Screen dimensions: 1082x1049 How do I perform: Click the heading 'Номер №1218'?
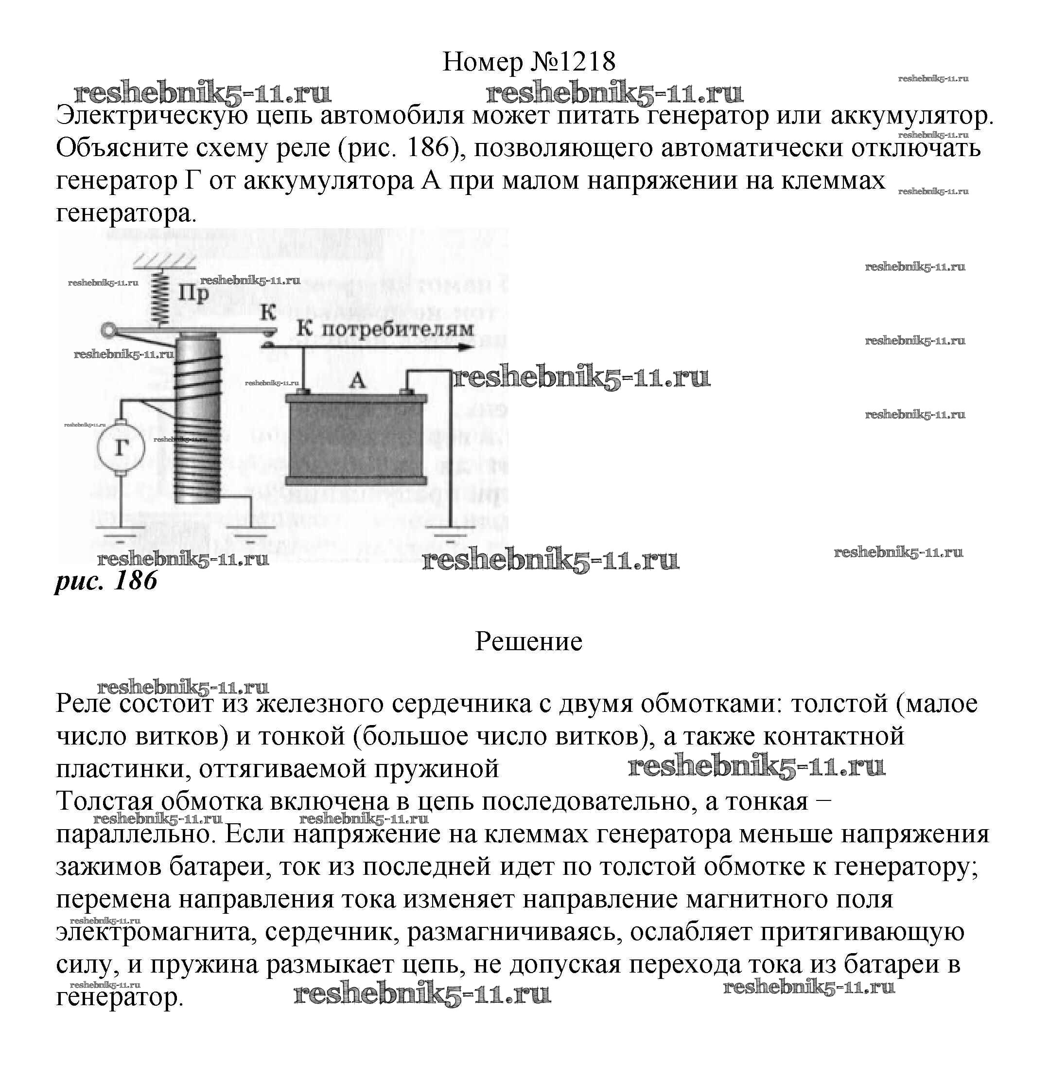click(x=529, y=61)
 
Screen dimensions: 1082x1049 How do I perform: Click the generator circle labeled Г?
click(x=121, y=448)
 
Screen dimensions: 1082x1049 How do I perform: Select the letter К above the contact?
click(x=268, y=313)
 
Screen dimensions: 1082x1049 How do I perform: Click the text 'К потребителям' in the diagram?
click(x=385, y=329)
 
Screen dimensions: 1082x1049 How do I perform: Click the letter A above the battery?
click(x=358, y=380)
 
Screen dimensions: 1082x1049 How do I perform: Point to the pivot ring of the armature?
click(x=109, y=331)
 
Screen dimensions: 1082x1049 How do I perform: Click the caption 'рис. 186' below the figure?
click(x=106, y=581)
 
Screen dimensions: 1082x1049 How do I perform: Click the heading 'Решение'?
click(x=529, y=641)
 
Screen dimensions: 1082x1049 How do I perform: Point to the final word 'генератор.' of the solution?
click(x=119, y=997)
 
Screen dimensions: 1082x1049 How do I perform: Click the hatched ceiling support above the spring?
click(x=164, y=260)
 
